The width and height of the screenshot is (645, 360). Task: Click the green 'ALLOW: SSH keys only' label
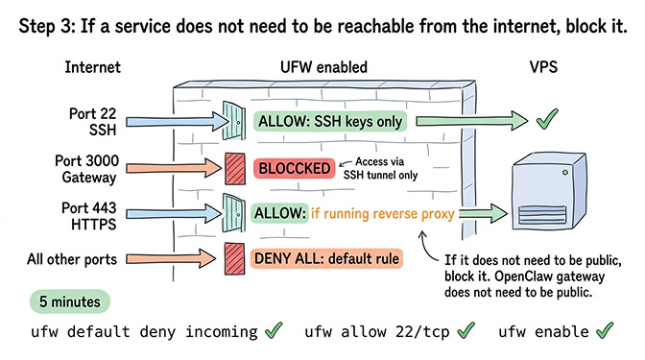(x=330, y=122)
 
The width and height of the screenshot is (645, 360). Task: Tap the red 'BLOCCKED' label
(x=294, y=169)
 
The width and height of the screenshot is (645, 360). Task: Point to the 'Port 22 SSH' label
(x=93, y=121)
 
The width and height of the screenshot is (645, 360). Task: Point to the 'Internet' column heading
(x=93, y=68)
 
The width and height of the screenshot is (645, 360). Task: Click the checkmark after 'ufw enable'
(x=604, y=331)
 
